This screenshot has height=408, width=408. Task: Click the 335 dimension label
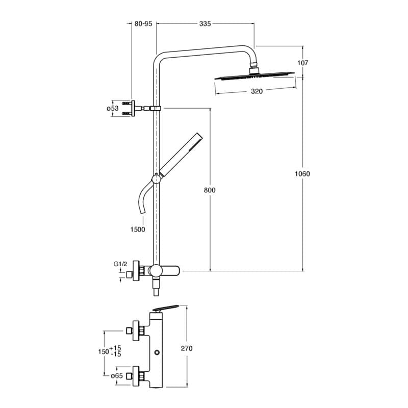pos(205,23)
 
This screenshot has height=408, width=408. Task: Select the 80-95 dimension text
pos(143,23)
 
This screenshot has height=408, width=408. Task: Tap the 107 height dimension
pos(302,63)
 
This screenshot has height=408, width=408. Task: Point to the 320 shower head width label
pos(257,91)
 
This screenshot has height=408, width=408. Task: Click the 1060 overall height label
pos(302,173)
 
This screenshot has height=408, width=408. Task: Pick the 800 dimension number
pos(210,190)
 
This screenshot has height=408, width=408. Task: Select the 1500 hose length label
pos(138,229)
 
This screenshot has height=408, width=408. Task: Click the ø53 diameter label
pos(113,108)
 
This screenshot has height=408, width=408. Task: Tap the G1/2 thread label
pos(120,264)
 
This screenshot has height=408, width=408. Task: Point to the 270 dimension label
pos(187,348)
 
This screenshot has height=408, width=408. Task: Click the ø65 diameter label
pos(117,376)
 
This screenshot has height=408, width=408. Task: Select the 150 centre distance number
pos(104,351)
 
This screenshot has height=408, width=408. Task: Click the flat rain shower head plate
pos(254,75)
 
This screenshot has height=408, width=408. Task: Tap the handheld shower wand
pos(181,155)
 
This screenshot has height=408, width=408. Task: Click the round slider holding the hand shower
pos(156,180)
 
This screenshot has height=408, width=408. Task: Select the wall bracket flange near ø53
pos(133,108)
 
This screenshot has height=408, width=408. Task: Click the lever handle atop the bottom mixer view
pos(166,308)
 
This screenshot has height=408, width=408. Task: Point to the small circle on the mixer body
pos(157,352)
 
